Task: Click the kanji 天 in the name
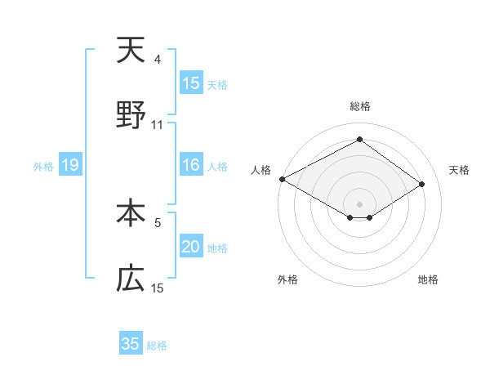click(x=131, y=51)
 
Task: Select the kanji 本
click(x=131, y=213)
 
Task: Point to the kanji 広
click(x=131, y=279)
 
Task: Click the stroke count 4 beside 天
click(x=158, y=60)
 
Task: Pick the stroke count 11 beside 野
click(x=158, y=125)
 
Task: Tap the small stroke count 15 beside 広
click(x=158, y=288)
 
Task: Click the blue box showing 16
click(x=191, y=166)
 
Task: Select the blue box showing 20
click(x=191, y=248)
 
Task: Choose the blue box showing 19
click(x=69, y=166)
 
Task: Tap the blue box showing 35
click(x=131, y=344)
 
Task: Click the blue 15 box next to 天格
click(x=191, y=83)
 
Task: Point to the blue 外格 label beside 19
click(x=43, y=167)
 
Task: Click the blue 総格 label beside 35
click(x=157, y=346)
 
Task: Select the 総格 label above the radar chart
click(x=359, y=106)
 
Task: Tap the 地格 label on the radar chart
click(x=428, y=279)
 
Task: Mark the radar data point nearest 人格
click(x=282, y=179)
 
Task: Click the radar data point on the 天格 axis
click(x=422, y=185)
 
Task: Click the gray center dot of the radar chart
click(x=359, y=203)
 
